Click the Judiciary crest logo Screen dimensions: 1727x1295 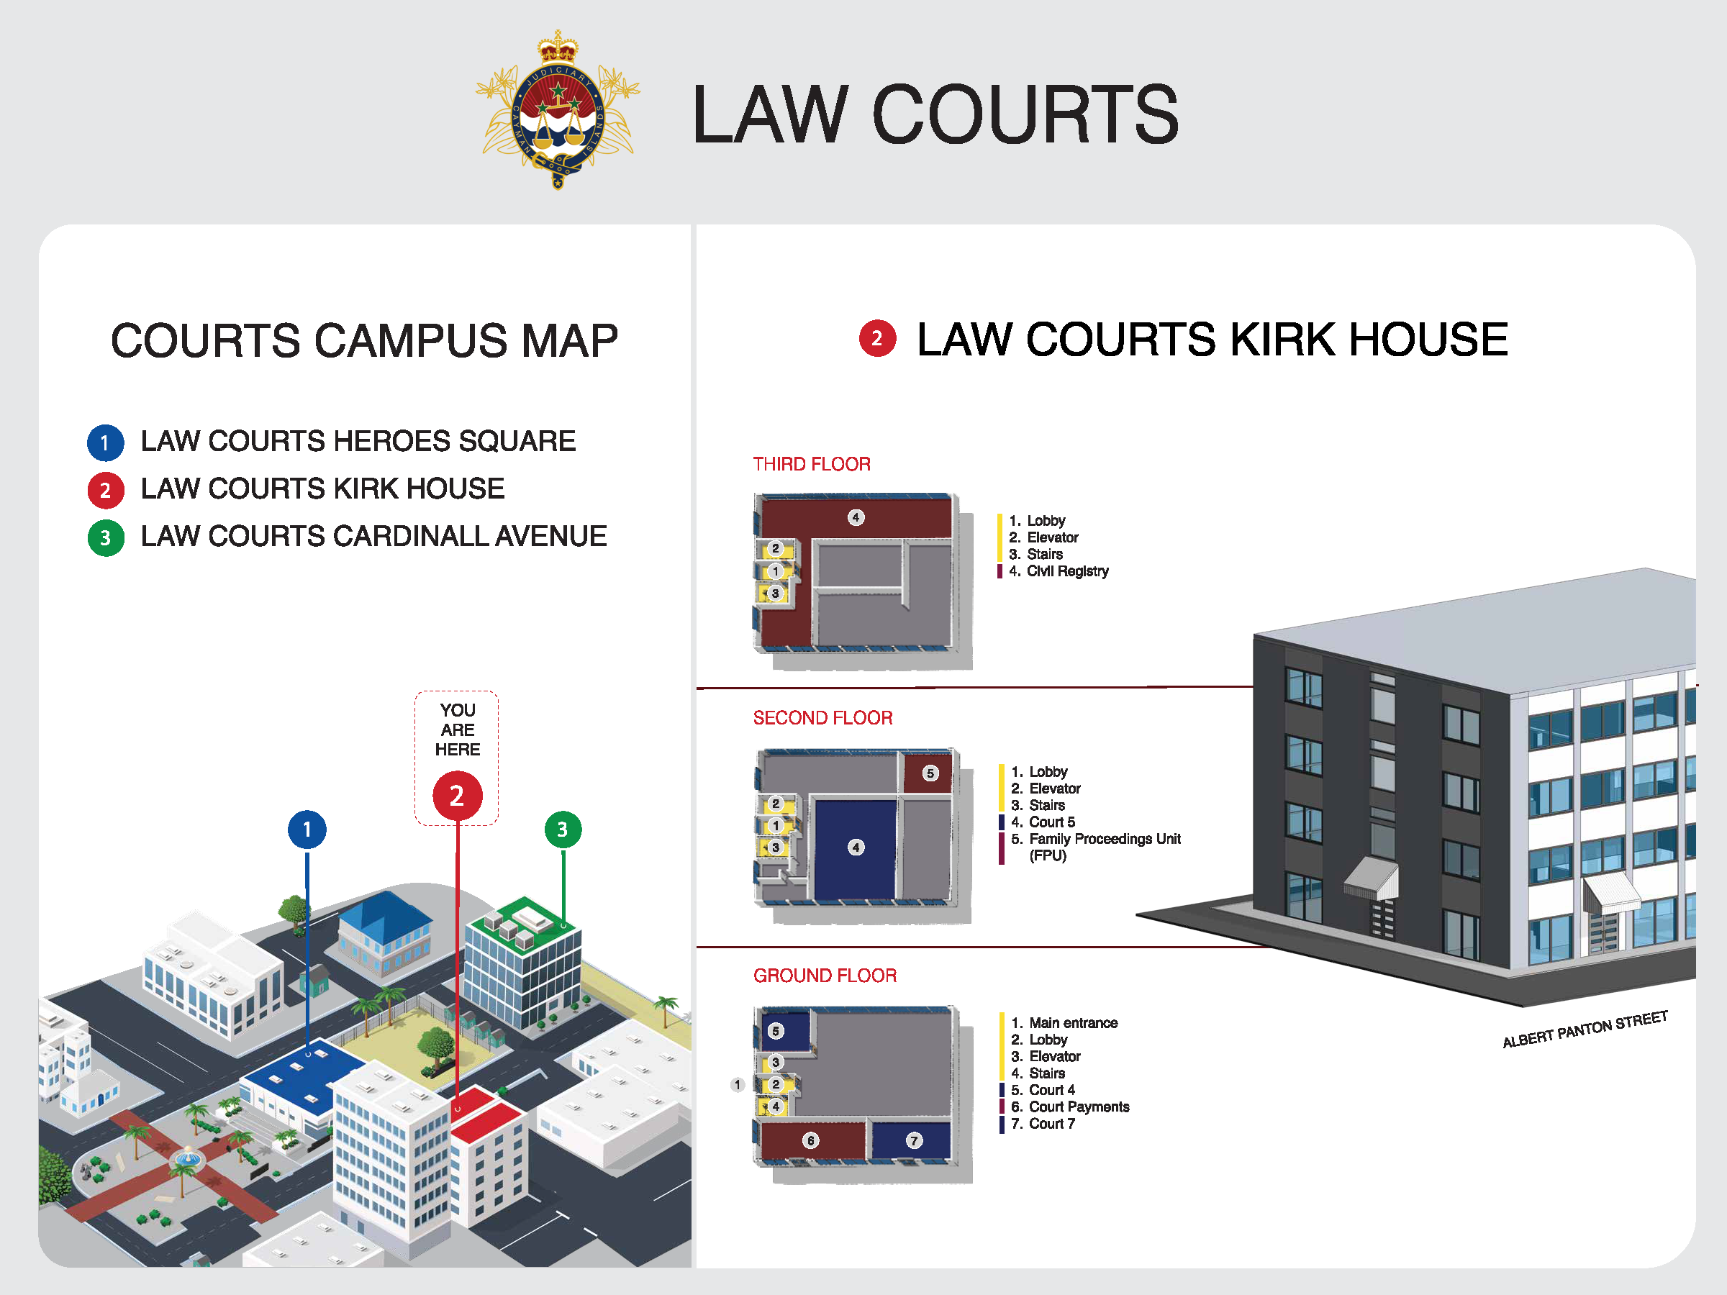point(558,109)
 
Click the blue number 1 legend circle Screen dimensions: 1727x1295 point(105,442)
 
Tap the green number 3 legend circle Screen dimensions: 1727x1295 point(105,538)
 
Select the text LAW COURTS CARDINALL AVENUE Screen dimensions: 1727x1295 point(373,536)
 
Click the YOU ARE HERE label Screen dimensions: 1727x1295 point(458,729)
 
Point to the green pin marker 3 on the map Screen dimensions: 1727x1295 point(563,829)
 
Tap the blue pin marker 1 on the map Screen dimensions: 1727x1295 point(307,829)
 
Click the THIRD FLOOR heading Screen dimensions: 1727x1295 point(811,465)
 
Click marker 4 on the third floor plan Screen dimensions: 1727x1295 point(856,517)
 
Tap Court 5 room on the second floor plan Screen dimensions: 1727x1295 point(856,848)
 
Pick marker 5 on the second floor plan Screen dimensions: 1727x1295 point(930,773)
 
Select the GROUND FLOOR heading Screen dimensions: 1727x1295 point(825,976)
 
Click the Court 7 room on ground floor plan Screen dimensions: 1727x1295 point(911,1141)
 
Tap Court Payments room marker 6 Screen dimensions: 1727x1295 point(810,1141)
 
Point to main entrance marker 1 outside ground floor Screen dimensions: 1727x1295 point(737,1084)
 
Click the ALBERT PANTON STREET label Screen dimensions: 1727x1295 point(1586,1029)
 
